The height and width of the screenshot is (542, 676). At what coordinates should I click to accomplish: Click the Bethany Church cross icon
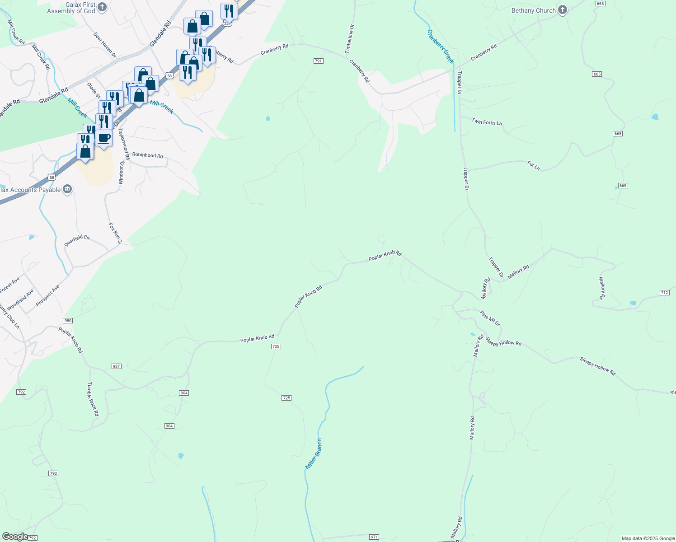point(562,10)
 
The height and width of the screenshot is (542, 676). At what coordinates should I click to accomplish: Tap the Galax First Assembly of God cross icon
point(102,7)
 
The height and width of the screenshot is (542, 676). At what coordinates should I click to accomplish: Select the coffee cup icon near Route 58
point(103,137)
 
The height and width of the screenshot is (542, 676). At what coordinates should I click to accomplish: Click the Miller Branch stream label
point(313,453)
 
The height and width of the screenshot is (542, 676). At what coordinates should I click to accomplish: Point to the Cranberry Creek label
point(441,47)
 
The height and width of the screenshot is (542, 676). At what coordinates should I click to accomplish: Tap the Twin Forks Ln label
point(487,122)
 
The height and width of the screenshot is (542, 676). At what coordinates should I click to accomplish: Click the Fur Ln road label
point(534,166)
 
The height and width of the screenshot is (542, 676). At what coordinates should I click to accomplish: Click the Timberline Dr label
point(350,39)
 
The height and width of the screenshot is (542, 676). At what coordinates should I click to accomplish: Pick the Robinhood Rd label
point(147,155)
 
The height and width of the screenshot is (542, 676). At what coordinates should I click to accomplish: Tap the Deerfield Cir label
point(77,240)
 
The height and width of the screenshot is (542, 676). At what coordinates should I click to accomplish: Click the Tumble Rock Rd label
point(92,399)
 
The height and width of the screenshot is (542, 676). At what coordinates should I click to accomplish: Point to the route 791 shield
point(319,61)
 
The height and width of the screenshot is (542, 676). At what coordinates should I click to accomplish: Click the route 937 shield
point(117,366)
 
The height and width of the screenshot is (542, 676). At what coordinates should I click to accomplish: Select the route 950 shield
point(67,321)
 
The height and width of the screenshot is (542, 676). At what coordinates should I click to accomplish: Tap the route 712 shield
point(664,293)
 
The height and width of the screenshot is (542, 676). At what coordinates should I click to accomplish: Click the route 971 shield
point(374,537)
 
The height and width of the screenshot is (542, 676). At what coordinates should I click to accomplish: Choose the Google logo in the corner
point(15,537)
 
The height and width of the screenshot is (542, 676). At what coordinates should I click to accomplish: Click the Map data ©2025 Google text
point(648,538)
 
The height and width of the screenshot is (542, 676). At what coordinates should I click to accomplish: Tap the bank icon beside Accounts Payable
point(67,189)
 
